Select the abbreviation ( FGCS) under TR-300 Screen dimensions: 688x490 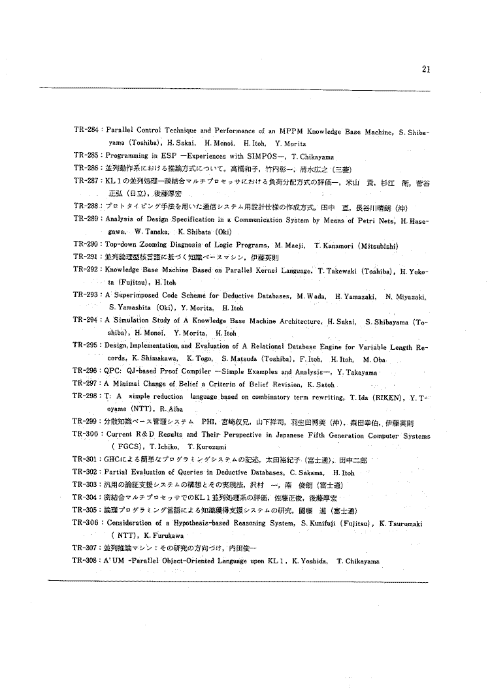click(x=127, y=447)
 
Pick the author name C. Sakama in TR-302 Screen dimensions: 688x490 click(x=310, y=472)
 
